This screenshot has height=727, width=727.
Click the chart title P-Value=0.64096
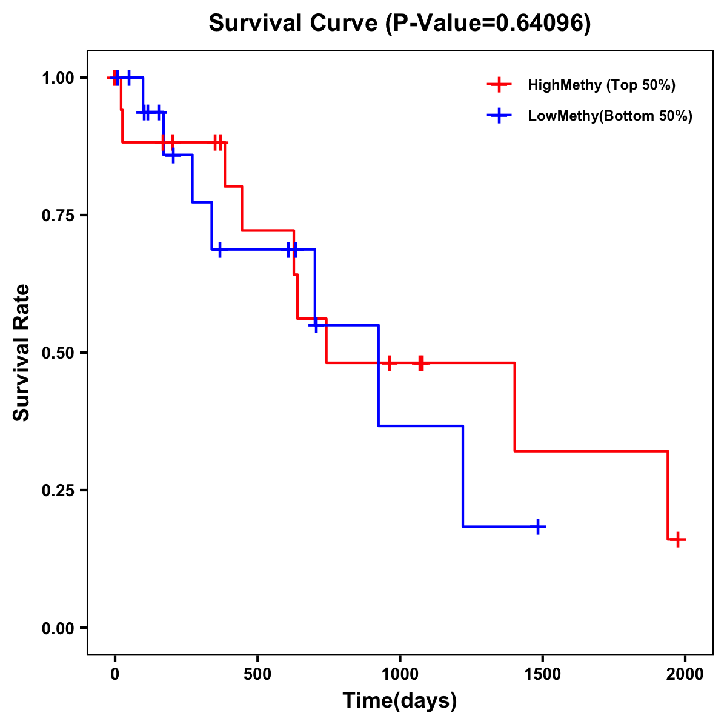pos(400,23)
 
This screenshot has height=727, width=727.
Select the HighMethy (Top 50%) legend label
pos(601,85)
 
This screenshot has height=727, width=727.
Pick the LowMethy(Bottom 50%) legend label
pos(610,116)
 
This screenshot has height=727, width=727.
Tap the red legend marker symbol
pos(499,85)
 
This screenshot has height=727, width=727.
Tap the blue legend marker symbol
pos(499,116)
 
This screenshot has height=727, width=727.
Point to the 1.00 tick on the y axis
pos(58,78)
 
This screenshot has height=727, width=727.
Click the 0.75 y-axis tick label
pos(58,215)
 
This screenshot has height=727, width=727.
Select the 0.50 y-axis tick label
pos(58,353)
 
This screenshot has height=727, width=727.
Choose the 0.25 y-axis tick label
pos(58,490)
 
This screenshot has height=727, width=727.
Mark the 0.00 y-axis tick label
pos(58,628)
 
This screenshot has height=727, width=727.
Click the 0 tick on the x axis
pos(115,674)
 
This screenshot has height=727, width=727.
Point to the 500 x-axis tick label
pos(257,674)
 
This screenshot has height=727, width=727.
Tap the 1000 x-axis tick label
pos(400,674)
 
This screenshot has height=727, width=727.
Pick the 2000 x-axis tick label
pos(685,674)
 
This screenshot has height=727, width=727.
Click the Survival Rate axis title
pos(22,353)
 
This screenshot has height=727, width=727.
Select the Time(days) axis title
pos(400,701)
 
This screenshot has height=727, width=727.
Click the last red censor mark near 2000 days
pos(678,539)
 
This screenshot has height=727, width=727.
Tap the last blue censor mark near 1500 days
pos(537,527)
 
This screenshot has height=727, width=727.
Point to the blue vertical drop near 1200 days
pos(463,476)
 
